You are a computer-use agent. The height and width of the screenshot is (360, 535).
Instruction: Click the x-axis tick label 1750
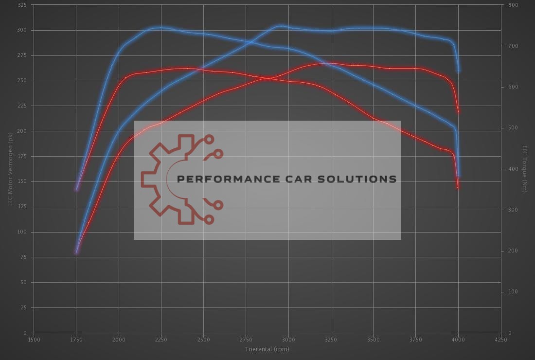tap(76, 340)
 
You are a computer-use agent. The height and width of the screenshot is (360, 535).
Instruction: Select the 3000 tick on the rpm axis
tap(288, 340)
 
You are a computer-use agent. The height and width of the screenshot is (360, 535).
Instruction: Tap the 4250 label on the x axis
tap(500, 340)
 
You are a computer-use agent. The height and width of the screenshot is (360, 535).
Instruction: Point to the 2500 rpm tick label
tap(203, 340)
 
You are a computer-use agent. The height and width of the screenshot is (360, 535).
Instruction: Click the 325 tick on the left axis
tap(22, 5)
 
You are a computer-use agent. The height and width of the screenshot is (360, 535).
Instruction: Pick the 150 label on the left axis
tap(22, 181)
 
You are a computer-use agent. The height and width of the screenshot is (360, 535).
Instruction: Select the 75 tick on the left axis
tap(24, 257)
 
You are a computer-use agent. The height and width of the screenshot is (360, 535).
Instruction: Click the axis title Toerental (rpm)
tap(267, 349)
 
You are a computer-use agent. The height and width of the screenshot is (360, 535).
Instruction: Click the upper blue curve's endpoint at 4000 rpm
tap(459, 71)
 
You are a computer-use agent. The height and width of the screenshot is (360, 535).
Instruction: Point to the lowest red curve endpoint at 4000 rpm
tap(458, 187)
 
